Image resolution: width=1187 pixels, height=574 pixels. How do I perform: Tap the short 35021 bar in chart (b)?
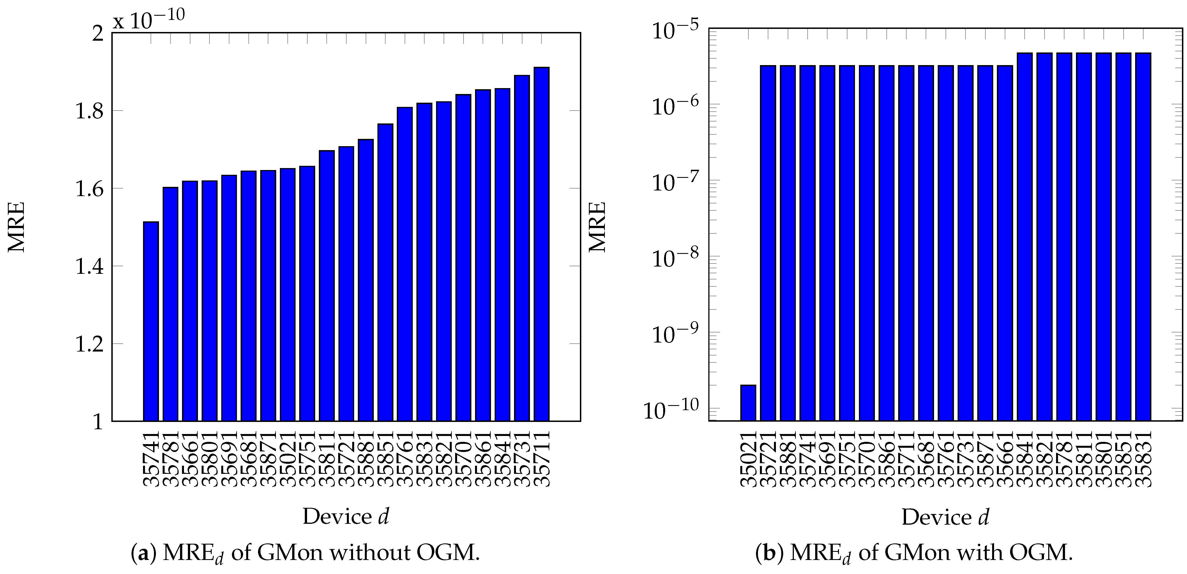[x=748, y=403]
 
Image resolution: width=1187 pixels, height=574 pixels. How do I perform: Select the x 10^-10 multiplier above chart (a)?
[x=149, y=19]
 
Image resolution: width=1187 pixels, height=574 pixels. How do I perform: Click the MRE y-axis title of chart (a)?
[x=16, y=227]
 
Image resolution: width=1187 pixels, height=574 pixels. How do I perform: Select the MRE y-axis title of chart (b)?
[x=598, y=227]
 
